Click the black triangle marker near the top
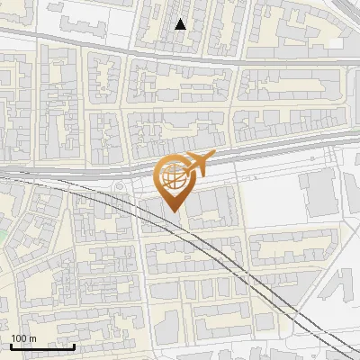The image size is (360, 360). click(x=181, y=24)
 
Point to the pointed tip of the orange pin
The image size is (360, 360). click(x=173, y=212)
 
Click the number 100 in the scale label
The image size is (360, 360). click(x=19, y=338)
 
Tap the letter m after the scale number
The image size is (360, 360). click(x=32, y=338)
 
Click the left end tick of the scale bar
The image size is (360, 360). click(x=11, y=346)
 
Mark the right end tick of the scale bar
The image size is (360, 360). click(x=75, y=346)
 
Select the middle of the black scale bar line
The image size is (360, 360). click(x=42, y=346)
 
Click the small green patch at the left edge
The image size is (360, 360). click(x=3, y=236)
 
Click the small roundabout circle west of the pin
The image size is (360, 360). click(x=119, y=187)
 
